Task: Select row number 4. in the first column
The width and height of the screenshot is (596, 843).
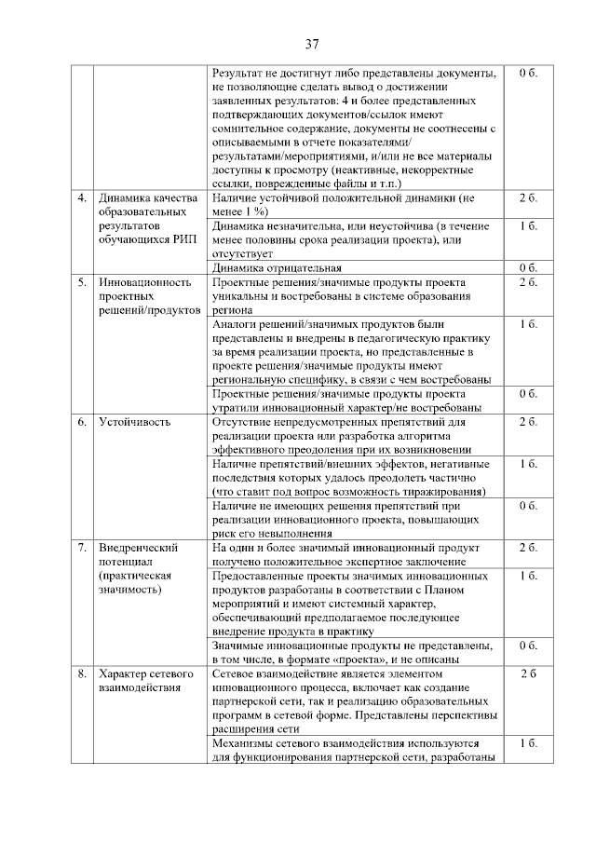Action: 82,198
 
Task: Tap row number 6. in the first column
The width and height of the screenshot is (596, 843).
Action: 82,422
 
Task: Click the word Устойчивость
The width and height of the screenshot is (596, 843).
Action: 134,422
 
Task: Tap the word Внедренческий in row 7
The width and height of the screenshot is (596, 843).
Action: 139,548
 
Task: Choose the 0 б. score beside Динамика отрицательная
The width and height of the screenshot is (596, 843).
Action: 528,268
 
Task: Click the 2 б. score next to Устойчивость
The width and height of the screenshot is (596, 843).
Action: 528,422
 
